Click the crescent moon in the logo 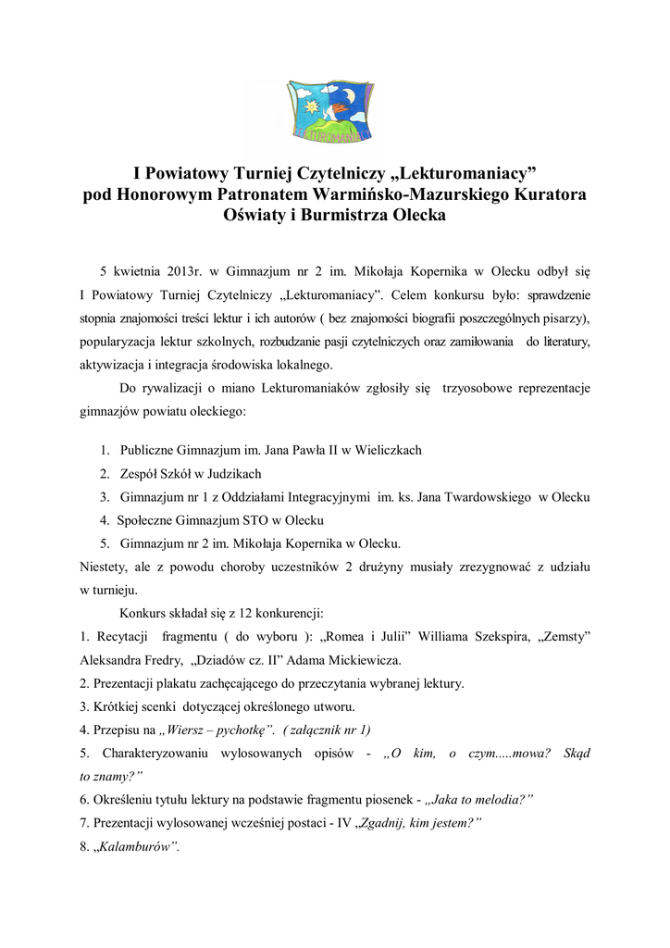[349, 96]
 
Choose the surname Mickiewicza [360, 661]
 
